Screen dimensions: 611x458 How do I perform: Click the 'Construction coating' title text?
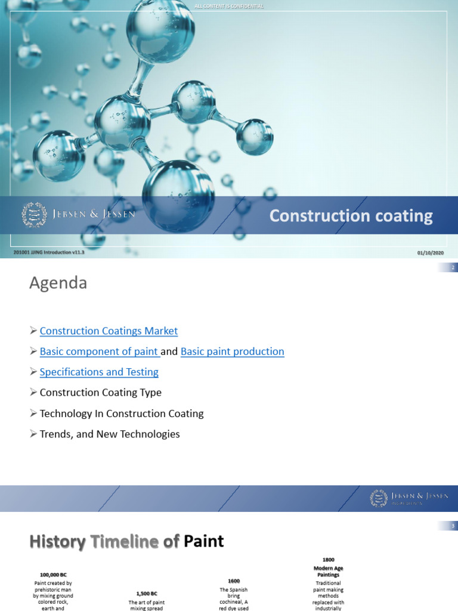[351, 216]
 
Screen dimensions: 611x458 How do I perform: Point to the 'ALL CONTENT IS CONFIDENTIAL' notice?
[229, 6]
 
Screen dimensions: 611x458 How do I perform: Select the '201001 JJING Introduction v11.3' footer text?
[49, 253]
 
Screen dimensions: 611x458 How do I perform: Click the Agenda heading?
[58, 283]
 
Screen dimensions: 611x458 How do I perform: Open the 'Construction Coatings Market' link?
[109, 331]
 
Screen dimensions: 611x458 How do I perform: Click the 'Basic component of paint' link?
[98, 351]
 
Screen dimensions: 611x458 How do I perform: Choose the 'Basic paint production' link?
[232, 351]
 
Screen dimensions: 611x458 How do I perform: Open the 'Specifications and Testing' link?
[99, 372]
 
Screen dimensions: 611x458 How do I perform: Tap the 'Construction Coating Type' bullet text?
[100, 393]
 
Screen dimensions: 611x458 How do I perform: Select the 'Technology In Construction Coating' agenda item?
[122, 413]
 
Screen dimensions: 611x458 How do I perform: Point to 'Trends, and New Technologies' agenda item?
[110, 434]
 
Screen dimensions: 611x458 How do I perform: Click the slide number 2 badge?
[453, 268]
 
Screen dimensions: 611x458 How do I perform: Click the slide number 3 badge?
[453, 526]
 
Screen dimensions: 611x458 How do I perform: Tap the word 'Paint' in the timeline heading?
[204, 541]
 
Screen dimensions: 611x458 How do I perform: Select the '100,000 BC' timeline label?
[53, 574]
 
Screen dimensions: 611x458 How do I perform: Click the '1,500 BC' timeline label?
[147, 594]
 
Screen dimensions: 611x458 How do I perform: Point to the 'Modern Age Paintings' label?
[329, 571]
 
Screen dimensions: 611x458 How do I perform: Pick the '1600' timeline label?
[234, 581]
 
